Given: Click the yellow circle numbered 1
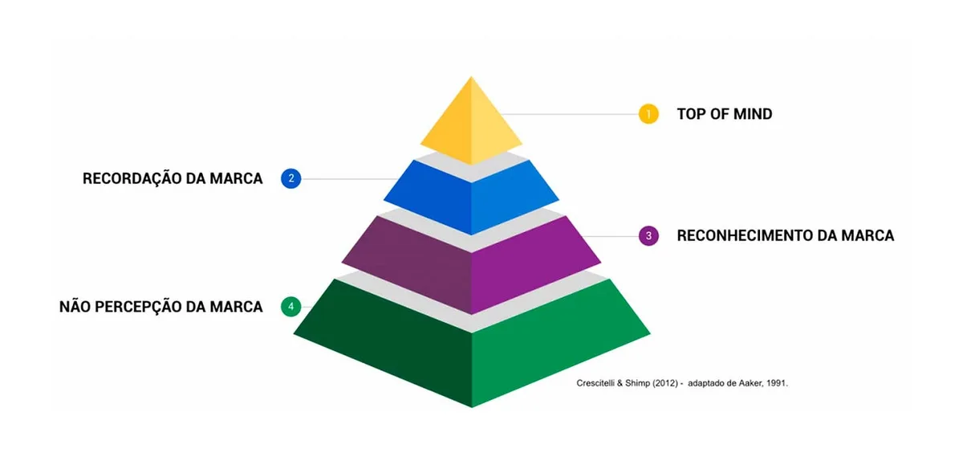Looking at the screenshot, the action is pyautogui.click(x=648, y=114).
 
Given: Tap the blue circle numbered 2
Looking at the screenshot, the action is pyautogui.click(x=291, y=178).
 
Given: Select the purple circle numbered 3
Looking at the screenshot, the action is pyautogui.click(x=648, y=236).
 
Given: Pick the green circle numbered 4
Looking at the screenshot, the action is pyautogui.click(x=291, y=307).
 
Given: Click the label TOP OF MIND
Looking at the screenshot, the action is pyautogui.click(x=725, y=114).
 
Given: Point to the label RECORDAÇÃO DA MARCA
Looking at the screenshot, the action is pyautogui.click(x=173, y=178).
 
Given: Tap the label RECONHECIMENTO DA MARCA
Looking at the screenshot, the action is pyautogui.click(x=786, y=236).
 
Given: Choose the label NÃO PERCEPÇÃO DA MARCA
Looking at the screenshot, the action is pyautogui.click(x=160, y=307).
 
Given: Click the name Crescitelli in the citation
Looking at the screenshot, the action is pyautogui.click(x=595, y=383).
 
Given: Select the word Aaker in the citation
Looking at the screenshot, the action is pyautogui.click(x=750, y=383).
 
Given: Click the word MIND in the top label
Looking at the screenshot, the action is pyautogui.click(x=753, y=114).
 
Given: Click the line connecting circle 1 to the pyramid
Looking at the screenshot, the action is pyautogui.click(x=570, y=114).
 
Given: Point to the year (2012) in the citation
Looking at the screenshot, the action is pyautogui.click(x=665, y=383).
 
